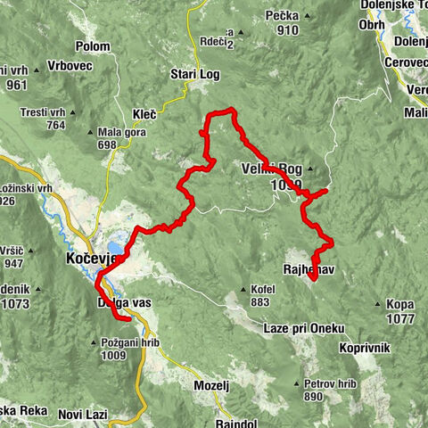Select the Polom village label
[x=118, y=45]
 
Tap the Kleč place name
[x=144, y=114]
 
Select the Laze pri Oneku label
[x=304, y=328]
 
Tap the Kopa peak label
[x=400, y=304]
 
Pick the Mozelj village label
[x=212, y=385]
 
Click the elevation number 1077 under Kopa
[x=401, y=317]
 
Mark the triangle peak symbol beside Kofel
[x=243, y=290]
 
